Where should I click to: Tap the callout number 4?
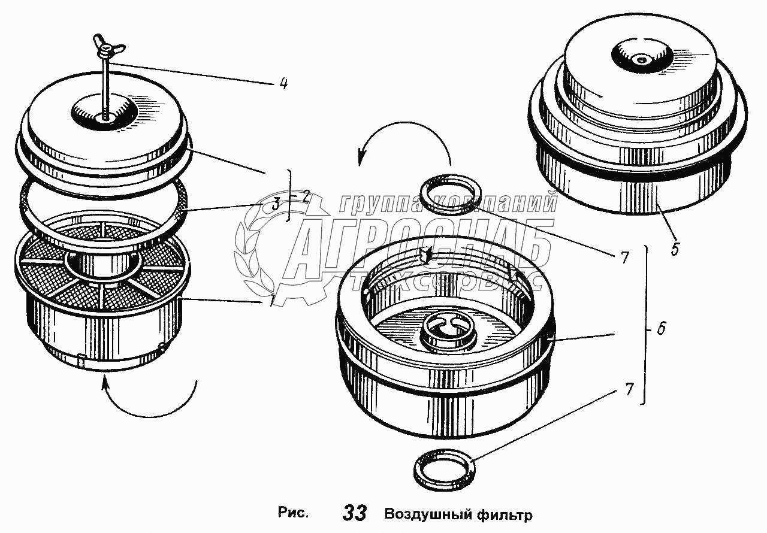tap(283, 84)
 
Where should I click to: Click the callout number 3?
tap(275, 204)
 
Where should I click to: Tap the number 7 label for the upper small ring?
tap(624, 258)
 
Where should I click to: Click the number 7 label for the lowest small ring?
tap(628, 389)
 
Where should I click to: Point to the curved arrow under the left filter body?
tap(150, 401)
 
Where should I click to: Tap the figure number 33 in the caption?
tap(355, 513)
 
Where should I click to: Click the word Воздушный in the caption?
tap(425, 514)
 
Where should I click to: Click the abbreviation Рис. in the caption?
tap(294, 513)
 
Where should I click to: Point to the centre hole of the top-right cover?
tap(640, 59)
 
